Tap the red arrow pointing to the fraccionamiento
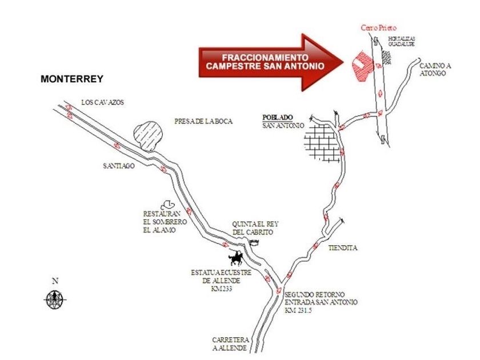[269, 61]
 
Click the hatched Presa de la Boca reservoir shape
[149, 134]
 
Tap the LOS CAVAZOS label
[102, 103]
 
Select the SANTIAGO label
[119, 166]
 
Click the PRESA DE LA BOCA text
[203, 121]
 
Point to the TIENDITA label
[343, 249]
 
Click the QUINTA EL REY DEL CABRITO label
[255, 228]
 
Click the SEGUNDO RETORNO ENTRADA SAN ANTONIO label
[321, 302]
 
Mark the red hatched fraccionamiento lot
[359, 68]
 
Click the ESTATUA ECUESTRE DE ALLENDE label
[221, 281]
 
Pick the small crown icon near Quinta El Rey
[254, 242]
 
